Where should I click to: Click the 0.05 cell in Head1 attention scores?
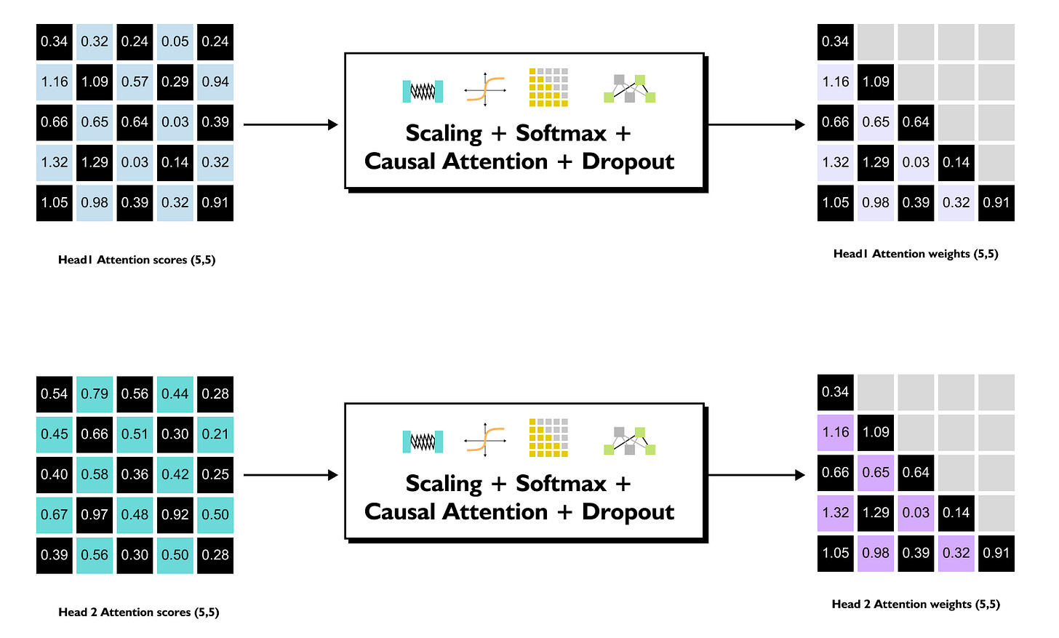point(175,41)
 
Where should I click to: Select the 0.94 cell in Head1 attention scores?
point(215,81)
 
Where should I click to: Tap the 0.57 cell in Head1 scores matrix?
point(135,81)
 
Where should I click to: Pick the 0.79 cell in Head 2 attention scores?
point(95,394)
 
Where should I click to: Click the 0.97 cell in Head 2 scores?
point(95,514)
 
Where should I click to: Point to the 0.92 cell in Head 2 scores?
point(175,514)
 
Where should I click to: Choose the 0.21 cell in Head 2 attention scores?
point(215,434)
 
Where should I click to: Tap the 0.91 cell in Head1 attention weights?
point(996,203)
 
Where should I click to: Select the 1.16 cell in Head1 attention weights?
point(835,81)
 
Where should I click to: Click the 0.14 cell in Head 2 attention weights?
point(956,512)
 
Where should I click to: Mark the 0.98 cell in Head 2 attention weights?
point(876,553)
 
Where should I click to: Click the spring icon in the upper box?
point(423,91)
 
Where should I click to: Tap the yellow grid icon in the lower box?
point(548,438)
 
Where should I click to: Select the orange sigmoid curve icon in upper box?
point(484,89)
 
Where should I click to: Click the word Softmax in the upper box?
point(561,133)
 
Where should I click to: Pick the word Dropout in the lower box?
point(628,511)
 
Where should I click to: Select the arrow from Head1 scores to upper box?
point(291,124)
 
